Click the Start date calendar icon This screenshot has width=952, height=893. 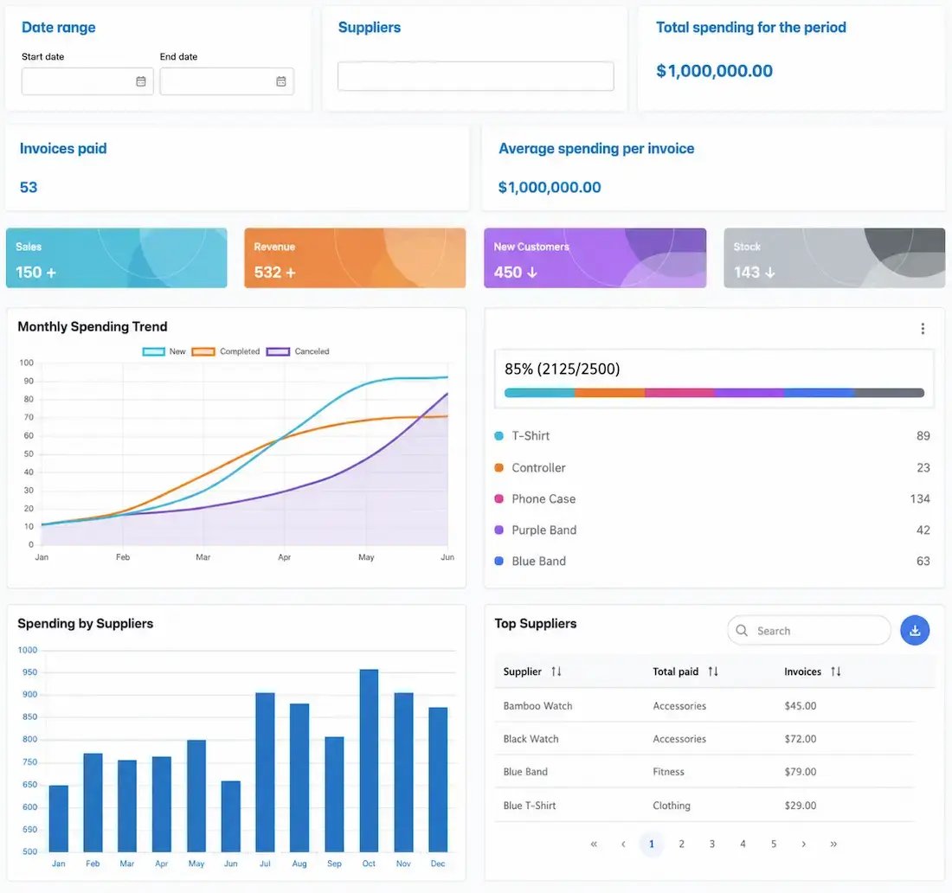coord(141,81)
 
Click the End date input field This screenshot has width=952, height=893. coord(227,81)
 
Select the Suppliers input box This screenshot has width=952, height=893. coord(475,76)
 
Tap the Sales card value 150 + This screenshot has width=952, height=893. coord(35,272)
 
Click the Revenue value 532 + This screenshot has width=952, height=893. coord(274,272)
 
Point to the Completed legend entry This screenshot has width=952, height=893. coord(225,351)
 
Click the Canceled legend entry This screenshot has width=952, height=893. coord(298,351)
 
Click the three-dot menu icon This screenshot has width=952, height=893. coord(923,329)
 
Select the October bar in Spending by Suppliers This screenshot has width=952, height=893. coord(369,760)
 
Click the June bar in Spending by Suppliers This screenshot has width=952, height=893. coord(231,816)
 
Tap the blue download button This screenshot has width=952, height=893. coord(915,631)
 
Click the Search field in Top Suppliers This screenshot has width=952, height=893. coord(808,631)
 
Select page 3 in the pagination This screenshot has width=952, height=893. coord(711,844)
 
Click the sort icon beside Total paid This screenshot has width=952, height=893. coord(713,671)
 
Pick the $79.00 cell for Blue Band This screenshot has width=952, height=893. coord(801,772)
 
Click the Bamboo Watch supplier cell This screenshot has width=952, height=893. coord(537,706)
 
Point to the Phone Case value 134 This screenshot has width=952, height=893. coord(919,498)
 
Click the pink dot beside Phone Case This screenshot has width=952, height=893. coord(499,498)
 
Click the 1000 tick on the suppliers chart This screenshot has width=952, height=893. coord(28,650)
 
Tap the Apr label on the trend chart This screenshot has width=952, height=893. coord(284,556)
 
